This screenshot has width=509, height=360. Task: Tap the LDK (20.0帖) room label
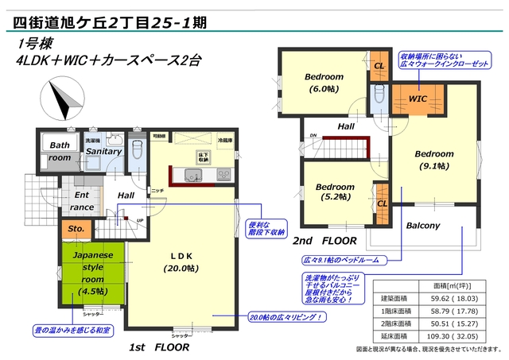[x=181, y=261]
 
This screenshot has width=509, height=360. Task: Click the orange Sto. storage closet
[x=76, y=229]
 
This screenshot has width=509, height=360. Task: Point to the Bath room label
[x=60, y=151]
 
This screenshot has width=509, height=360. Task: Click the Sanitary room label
[x=103, y=151]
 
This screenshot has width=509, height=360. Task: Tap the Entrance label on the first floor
[x=83, y=200]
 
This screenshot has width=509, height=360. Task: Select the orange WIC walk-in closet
[x=418, y=99]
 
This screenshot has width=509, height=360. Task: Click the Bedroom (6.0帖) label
[x=324, y=83]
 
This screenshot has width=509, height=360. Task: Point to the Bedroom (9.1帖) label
[x=433, y=159]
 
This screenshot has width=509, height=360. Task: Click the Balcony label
[x=423, y=226]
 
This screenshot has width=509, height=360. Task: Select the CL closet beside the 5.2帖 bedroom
[x=382, y=203]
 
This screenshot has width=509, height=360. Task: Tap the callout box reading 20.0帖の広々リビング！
[x=286, y=317]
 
